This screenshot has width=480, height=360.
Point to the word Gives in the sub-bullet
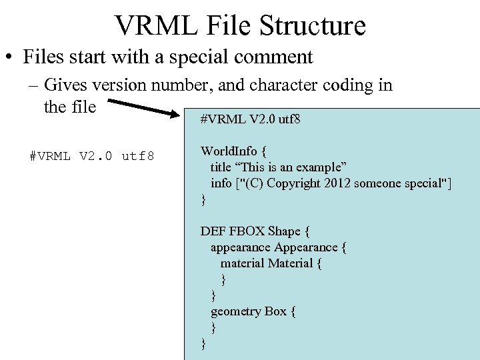click(64, 85)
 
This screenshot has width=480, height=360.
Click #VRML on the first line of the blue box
click(223, 120)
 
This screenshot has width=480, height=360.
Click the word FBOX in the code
click(246, 231)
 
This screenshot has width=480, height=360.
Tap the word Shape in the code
click(284, 231)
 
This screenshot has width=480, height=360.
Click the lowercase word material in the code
click(243, 263)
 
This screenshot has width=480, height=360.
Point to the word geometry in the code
click(236, 311)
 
